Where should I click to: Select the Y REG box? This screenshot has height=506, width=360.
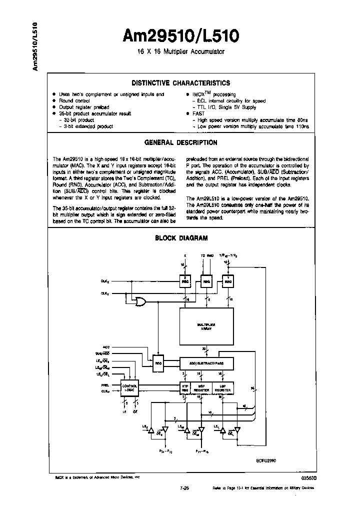228,282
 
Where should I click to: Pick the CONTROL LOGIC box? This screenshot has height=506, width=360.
128,388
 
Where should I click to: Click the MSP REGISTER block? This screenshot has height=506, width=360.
205,388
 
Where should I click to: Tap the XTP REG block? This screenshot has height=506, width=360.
184,388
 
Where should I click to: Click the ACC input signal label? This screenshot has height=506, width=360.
105,346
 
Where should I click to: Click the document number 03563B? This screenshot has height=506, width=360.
308,478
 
